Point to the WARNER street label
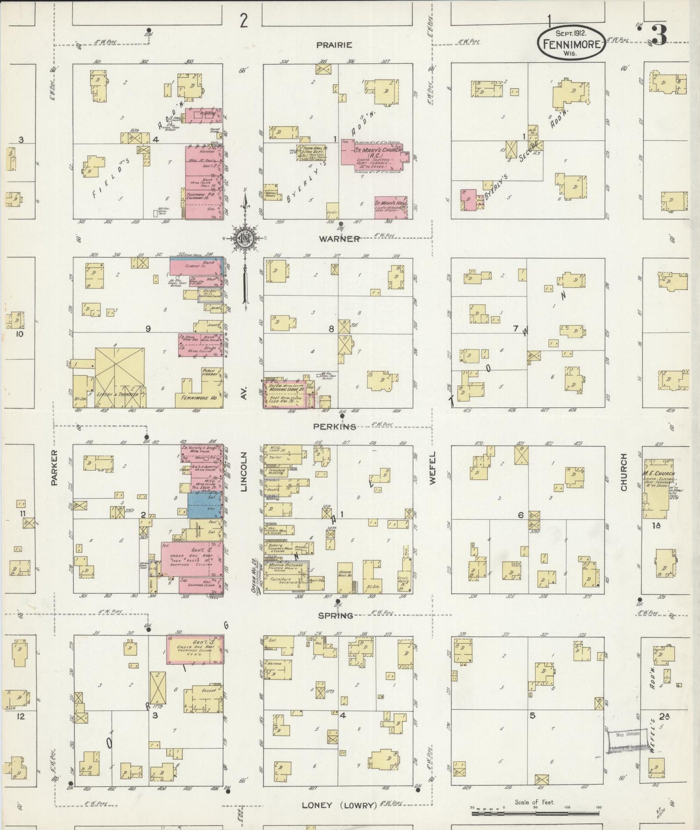point(339,239)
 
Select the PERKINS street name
point(335,427)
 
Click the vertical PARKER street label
point(54,467)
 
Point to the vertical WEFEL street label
point(432,468)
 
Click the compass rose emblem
point(245,238)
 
